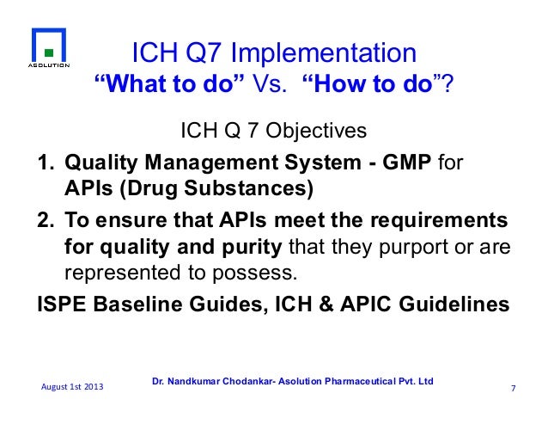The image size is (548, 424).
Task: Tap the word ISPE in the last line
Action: [x=61, y=304]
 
